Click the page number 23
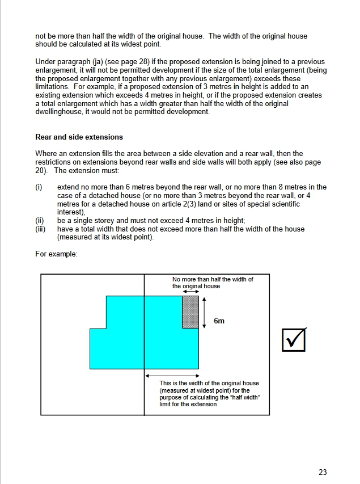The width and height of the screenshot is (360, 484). click(323, 472)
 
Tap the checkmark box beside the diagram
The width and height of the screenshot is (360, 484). click(294, 340)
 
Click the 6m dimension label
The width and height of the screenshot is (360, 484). click(219, 321)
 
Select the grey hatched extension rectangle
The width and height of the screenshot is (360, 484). click(190, 312)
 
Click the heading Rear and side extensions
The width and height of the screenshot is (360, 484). click(79, 137)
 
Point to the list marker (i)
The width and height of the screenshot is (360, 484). click(39, 187)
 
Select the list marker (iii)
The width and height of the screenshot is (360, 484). click(40, 229)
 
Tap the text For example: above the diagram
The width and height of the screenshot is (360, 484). click(56, 254)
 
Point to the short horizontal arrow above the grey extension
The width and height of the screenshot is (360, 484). click(190, 292)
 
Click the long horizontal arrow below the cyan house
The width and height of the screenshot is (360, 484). click(172, 376)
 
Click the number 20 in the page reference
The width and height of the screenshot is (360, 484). click(41, 170)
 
